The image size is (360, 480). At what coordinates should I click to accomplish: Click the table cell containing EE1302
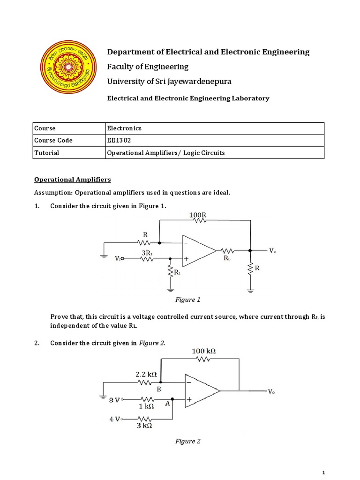tap(118, 140)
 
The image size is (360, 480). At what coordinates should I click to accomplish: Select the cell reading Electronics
tap(125, 128)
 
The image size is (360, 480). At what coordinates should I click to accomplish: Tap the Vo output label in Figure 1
tap(272, 251)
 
